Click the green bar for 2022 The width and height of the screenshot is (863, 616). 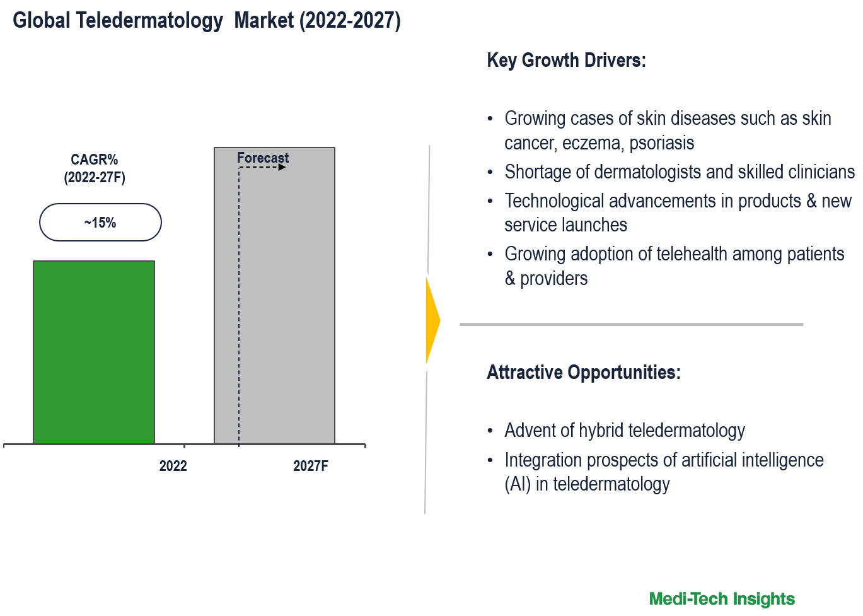coord(94,352)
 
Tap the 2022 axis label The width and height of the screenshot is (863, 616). coord(173,466)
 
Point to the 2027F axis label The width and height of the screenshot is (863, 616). coord(311,466)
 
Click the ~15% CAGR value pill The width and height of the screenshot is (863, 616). coord(100,223)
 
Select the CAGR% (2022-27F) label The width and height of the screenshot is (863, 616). coord(95,168)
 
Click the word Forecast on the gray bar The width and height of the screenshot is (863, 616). coord(263,158)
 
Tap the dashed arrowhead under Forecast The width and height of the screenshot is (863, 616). coord(282,167)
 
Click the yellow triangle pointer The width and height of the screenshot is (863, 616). coord(432,320)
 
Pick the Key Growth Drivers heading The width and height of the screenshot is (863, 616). coord(566,61)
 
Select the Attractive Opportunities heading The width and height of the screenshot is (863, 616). coord(583,372)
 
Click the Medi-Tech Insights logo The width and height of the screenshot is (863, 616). coord(722,598)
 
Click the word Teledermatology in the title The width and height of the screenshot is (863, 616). coord(149,20)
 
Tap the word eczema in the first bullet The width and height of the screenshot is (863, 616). coord(591,143)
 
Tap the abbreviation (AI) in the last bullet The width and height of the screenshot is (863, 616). coord(518,484)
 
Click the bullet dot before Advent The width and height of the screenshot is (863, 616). coord(490,431)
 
